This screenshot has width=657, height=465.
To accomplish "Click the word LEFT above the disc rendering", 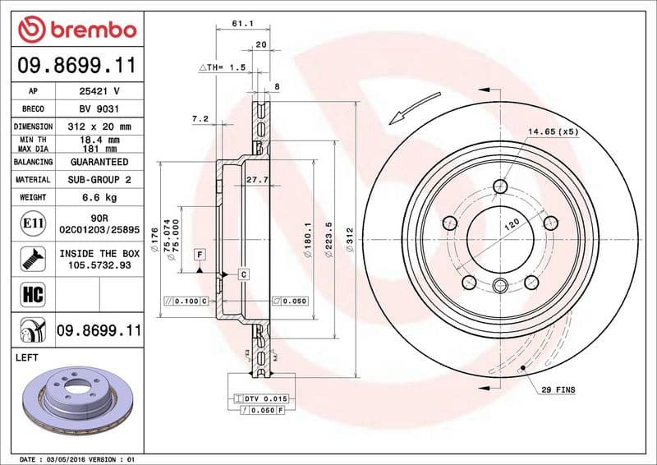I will point(28,358).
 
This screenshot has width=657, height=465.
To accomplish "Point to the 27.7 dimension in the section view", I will point(258,178).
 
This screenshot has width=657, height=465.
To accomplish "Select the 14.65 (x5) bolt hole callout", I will point(554,131).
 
